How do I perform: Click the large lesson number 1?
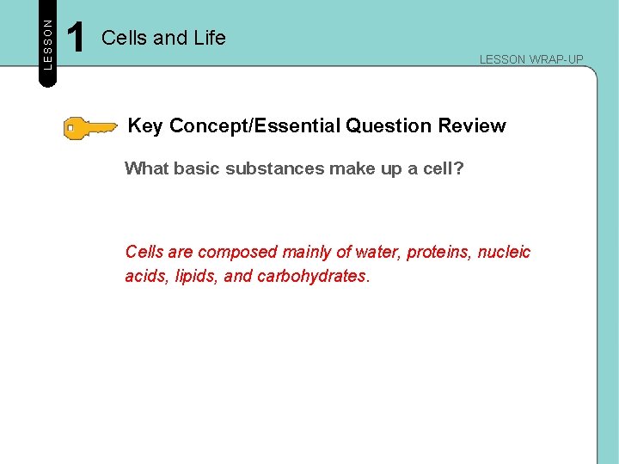pyautogui.click(x=76, y=38)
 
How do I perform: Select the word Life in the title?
pyautogui.click(x=208, y=38)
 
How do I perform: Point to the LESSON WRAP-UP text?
pyautogui.click(x=530, y=59)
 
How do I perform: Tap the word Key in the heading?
pyautogui.click(x=145, y=126)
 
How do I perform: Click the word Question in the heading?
pyautogui.click(x=389, y=126)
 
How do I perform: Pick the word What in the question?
pyautogui.click(x=146, y=168)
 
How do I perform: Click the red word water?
pyautogui.click(x=378, y=253)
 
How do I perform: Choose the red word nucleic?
pyautogui.click(x=506, y=253)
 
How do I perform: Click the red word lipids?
pyautogui.click(x=193, y=278)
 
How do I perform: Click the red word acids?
pyautogui.click(x=145, y=278)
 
